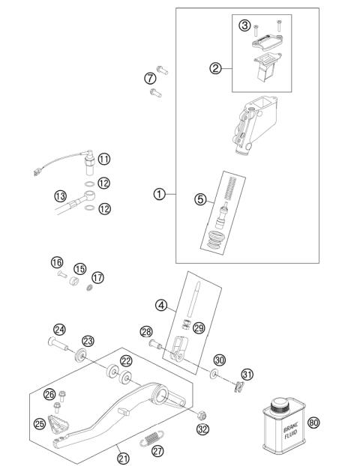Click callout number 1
click(158, 194)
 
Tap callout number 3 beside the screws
click(244, 26)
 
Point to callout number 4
click(161, 304)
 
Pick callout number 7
click(150, 77)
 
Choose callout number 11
click(103, 159)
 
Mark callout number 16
click(56, 262)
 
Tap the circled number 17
click(97, 277)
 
